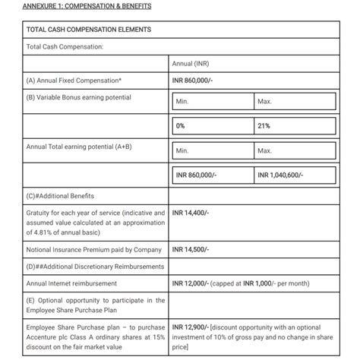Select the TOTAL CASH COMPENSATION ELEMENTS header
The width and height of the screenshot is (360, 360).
[x=88, y=30]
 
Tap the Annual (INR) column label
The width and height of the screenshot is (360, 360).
[x=191, y=63]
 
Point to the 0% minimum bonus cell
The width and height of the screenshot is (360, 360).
[x=181, y=125]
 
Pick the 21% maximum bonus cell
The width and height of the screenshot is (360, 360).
[x=264, y=125]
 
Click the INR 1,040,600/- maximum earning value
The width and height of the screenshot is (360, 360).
[x=281, y=175]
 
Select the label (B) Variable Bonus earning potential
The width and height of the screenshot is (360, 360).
[x=78, y=97]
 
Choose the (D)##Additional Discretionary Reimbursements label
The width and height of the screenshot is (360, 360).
[x=95, y=266]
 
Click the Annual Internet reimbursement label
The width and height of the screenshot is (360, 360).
[x=71, y=283]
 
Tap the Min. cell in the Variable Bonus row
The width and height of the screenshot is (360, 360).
[x=182, y=101]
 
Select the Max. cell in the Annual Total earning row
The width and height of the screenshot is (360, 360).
[x=265, y=151]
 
